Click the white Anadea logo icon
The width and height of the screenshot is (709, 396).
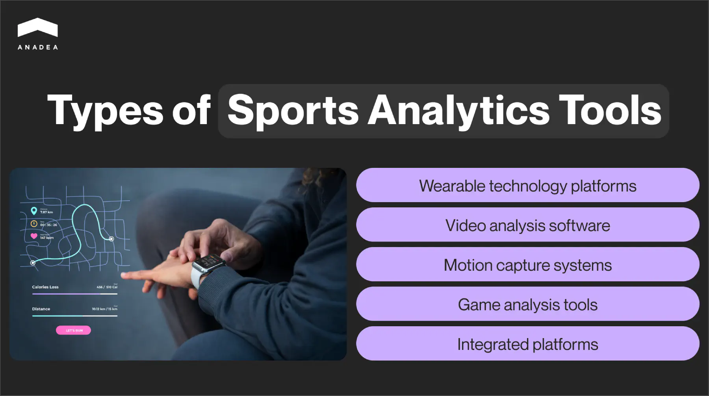pyautogui.click(x=37, y=28)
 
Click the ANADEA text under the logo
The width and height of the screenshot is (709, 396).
pyautogui.click(x=37, y=47)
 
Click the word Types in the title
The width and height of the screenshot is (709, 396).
pyautogui.click(x=105, y=111)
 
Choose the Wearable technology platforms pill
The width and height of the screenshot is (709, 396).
pyautogui.click(x=527, y=186)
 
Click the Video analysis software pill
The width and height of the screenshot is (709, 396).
pyautogui.click(x=527, y=225)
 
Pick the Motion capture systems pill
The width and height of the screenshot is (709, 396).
pyautogui.click(x=527, y=265)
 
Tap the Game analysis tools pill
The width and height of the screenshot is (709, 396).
pyautogui.click(x=527, y=304)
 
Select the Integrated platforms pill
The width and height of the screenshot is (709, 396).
pyautogui.click(x=527, y=344)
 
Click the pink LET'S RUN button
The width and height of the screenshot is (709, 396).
pyautogui.click(x=74, y=330)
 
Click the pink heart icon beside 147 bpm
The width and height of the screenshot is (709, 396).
pyautogui.click(x=34, y=236)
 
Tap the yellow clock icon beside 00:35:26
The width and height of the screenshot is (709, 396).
pyautogui.click(x=34, y=224)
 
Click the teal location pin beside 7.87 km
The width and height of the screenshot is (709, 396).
pyautogui.click(x=34, y=211)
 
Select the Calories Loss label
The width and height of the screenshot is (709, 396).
pyautogui.click(x=45, y=287)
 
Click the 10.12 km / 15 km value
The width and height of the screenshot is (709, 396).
pyautogui.click(x=104, y=309)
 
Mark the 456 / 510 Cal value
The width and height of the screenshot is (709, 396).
pyautogui.click(x=107, y=287)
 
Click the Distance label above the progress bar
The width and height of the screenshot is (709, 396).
pyautogui.click(x=41, y=309)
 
